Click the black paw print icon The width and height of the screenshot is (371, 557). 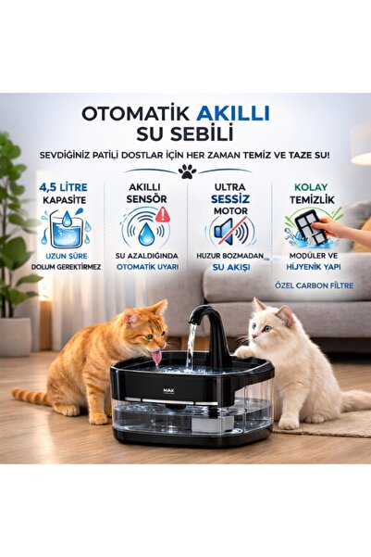pos(186,171)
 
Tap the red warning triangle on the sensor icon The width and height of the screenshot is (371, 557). pos(163,214)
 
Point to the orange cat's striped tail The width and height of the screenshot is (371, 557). pos(32,396)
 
